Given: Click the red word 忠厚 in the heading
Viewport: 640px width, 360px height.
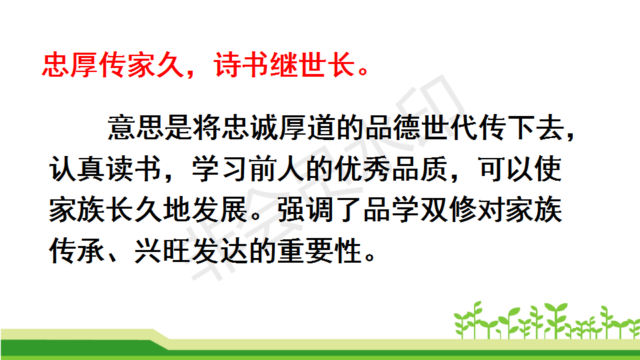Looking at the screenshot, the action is pyautogui.click(x=70, y=65).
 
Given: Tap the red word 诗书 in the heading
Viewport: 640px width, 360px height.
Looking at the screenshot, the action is pyautogui.click(x=241, y=65).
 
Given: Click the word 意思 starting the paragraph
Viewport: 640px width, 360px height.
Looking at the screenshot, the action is pyautogui.click(x=136, y=128).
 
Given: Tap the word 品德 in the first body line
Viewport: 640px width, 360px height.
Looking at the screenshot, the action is pyautogui.click(x=393, y=128).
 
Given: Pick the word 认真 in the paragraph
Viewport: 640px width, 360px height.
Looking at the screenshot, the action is pyautogui.click(x=77, y=169).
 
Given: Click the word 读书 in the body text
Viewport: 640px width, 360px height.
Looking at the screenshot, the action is pyautogui.click(x=134, y=169).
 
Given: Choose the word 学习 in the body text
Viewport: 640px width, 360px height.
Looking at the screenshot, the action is pyautogui.click(x=220, y=169).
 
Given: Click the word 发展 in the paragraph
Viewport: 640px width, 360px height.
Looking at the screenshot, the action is pyautogui.click(x=220, y=209).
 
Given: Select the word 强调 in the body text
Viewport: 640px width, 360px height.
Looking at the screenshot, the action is pyautogui.click(x=306, y=209).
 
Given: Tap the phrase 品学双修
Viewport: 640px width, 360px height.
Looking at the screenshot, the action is pyautogui.click(x=420, y=209).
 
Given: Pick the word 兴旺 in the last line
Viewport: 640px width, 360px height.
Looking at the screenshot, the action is pyautogui.click(x=163, y=250).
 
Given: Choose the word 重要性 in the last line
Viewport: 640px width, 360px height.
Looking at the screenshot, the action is pyautogui.click(x=320, y=250).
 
